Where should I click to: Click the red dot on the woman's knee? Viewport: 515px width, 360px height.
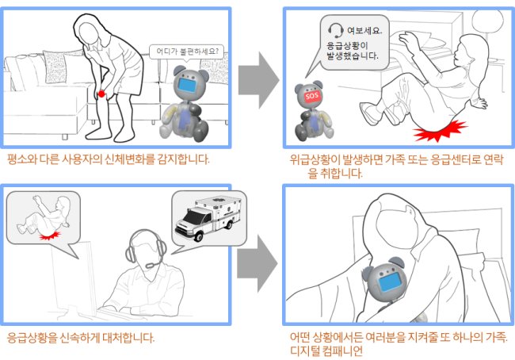coord(101,94)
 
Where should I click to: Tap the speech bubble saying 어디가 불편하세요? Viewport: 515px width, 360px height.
coord(186,52)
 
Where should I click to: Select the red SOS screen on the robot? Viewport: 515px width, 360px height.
coord(311,97)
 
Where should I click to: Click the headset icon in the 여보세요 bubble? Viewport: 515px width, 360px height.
coord(336,31)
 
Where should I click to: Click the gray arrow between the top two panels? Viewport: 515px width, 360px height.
coord(258,80)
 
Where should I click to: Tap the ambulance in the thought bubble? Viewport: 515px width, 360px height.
coord(208,219)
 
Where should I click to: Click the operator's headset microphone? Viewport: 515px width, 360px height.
coord(151,266)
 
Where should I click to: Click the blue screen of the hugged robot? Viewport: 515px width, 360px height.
coord(391,283)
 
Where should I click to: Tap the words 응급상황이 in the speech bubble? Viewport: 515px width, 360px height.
coord(347,45)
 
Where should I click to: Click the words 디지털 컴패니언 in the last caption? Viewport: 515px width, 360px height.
coord(326,351)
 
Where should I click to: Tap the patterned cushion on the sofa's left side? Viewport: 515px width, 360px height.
coord(55,67)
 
